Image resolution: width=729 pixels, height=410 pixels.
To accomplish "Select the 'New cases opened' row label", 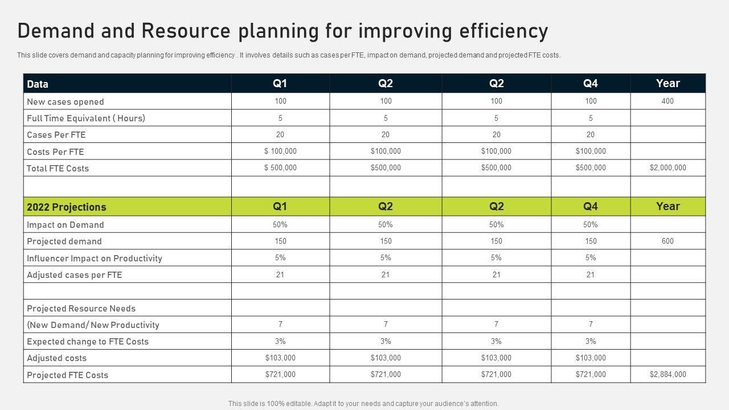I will [65, 102].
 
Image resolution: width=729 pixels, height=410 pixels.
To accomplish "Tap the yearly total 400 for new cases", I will [667, 101].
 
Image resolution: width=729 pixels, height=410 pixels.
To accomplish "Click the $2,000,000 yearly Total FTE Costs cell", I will [667, 168].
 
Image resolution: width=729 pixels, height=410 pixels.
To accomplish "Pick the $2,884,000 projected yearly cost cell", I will [667, 375].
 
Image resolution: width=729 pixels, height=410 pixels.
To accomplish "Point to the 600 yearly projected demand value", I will [667, 241].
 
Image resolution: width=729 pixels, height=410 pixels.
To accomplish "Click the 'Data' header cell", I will [38, 84].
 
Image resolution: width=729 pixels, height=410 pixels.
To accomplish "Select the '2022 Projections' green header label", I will [67, 207].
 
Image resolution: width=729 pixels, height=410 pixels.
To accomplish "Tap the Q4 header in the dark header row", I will [591, 84].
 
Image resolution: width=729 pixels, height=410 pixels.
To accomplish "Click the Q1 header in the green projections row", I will [280, 207].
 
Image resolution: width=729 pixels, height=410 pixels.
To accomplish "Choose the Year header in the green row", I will [667, 207].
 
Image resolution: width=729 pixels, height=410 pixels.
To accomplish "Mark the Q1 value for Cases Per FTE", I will [280, 135].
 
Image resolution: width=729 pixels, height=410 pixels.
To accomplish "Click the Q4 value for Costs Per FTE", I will [591, 151].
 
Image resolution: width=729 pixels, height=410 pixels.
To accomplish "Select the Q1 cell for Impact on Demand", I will [280, 225].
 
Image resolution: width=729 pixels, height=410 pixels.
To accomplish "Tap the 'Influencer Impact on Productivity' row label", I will [95, 259].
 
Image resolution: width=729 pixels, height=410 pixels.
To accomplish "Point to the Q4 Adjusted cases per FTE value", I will [591, 275].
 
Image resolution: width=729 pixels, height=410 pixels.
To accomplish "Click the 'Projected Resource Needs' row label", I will [81, 309].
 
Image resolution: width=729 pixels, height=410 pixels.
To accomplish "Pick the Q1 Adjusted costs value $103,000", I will [280, 358].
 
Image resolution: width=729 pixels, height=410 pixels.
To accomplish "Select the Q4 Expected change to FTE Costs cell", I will [591, 342].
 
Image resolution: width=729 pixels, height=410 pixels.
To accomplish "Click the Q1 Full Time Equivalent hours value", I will [280, 118].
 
